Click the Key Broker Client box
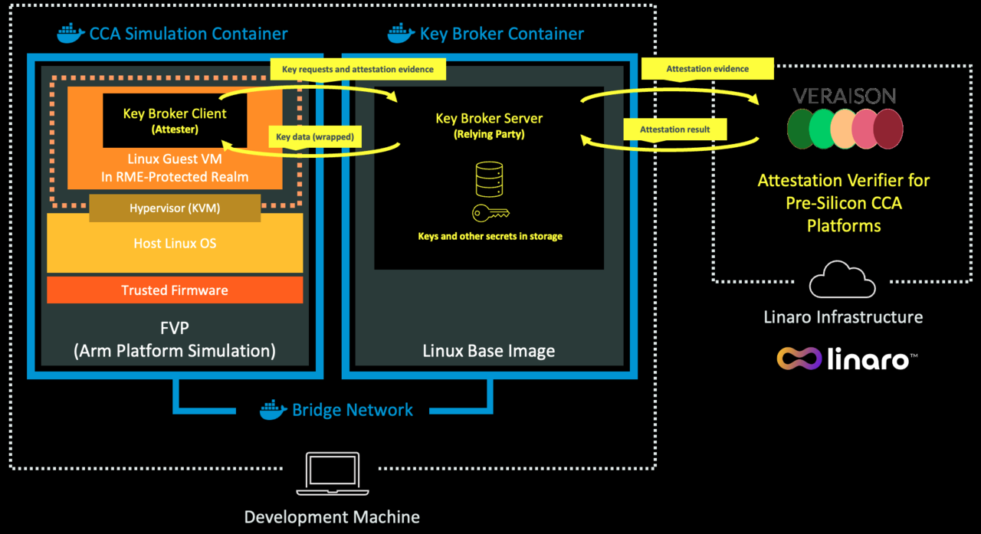click(175, 120)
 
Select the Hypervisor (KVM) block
click(176, 208)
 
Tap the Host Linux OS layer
click(175, 244)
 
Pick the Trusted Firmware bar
click(175, 290)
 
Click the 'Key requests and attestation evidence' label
click(357, 69)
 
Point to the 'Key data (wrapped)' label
click(318, 138)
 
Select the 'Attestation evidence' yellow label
click(707, 69)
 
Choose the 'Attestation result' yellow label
click(675, 129)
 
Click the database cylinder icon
click(489, 179)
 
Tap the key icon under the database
click(491, 214)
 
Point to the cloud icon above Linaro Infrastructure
click(842, 281)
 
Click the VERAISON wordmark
click(844, 96)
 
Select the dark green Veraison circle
click(802, 129)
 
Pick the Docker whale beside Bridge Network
click(274, 410)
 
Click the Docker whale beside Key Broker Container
click(401, 34)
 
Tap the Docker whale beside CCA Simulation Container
click(71, 34)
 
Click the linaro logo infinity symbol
click(799, 358)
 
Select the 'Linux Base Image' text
click(489, 352)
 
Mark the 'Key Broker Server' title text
click(489, 119)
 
